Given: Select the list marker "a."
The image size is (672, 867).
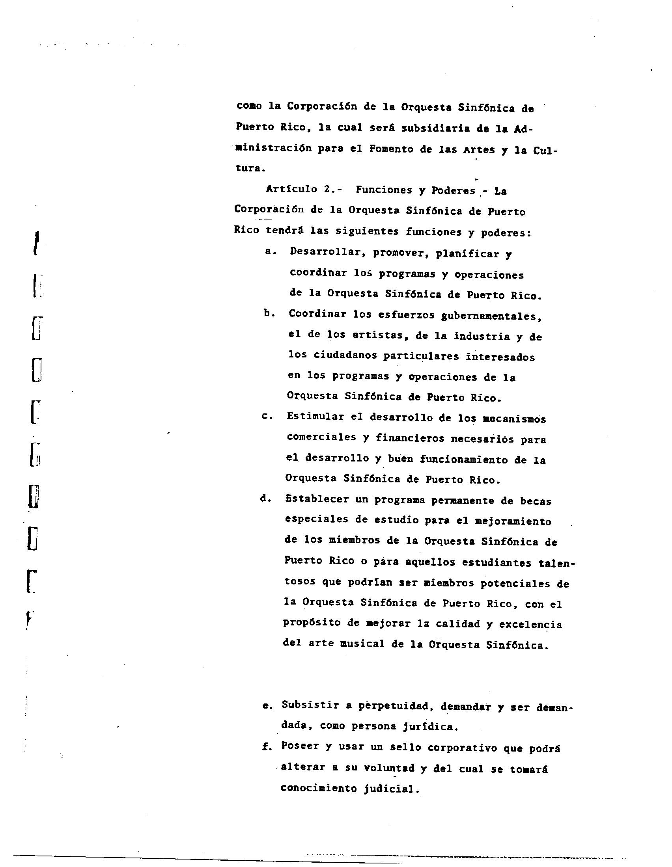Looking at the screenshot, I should click(x=271, y=251).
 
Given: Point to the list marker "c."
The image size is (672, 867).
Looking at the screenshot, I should click(x=267, y=416).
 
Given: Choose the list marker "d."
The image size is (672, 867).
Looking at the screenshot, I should click(x=266, y=499).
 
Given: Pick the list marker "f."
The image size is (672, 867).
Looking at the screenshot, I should click(x=267, y=747).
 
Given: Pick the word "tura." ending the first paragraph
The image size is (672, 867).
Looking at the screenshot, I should click(x=250, y=168).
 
